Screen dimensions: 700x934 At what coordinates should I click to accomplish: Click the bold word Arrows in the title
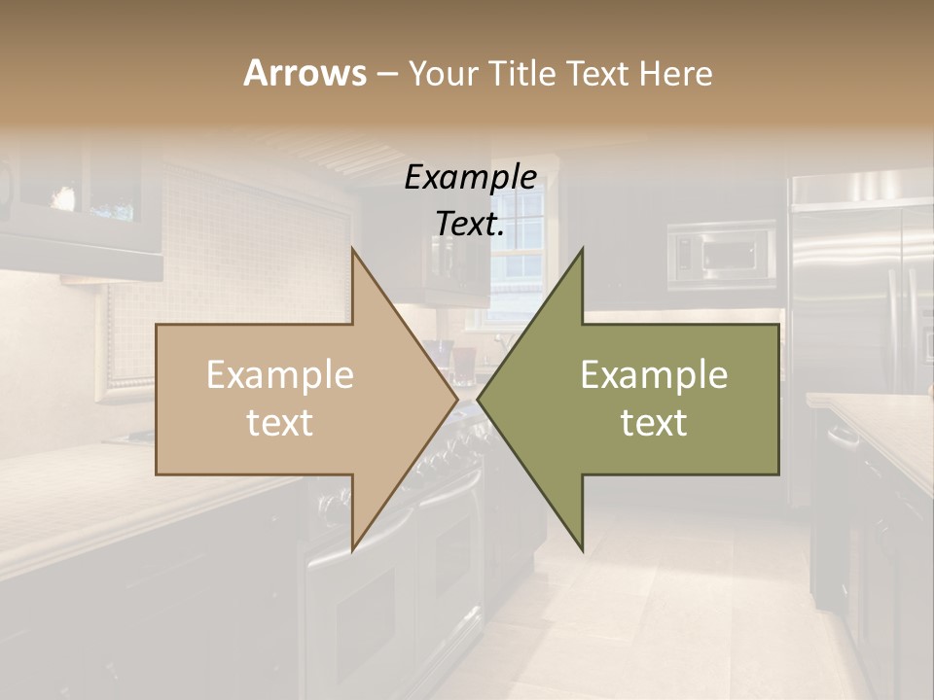pyautogui.click(x=305, y=73)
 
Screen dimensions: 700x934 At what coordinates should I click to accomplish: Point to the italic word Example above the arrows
pyautogui.click(x=470, y=178)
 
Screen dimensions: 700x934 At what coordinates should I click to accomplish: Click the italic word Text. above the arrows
pyautogui.click(x=470, y=224)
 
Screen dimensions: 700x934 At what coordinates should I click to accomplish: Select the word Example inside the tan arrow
pyautogui.click(x=280, y=375)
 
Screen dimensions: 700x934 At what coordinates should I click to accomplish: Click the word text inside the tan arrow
pyautogui.click(x=280, y=423)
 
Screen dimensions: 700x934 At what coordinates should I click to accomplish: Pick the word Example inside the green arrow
pyautogui.click(x=654, y=375)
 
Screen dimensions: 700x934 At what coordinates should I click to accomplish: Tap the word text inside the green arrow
pyautogui.click(x=654, y=423)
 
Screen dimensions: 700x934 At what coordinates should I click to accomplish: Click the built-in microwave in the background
pyautogui.click(x=721, y=255)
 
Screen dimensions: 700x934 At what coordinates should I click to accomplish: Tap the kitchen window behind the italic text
pyautogui.click(x=521, y=262)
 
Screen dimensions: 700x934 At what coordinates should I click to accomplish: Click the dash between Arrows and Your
pyautogui.click(x=386, y=74)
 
